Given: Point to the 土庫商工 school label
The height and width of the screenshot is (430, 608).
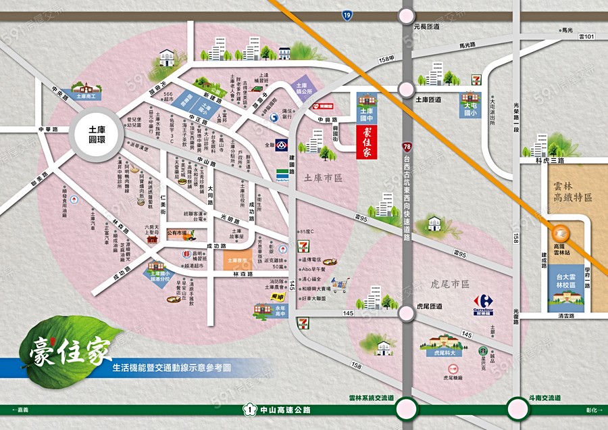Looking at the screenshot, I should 85,97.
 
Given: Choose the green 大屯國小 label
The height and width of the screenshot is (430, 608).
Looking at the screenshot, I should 470,110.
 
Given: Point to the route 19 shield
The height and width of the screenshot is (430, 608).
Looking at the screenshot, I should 347,14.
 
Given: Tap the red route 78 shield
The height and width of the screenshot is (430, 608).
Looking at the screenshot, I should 406,145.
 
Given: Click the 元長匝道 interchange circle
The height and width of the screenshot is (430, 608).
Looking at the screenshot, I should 406,14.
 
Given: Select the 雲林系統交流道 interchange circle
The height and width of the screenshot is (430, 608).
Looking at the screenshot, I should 407,408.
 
